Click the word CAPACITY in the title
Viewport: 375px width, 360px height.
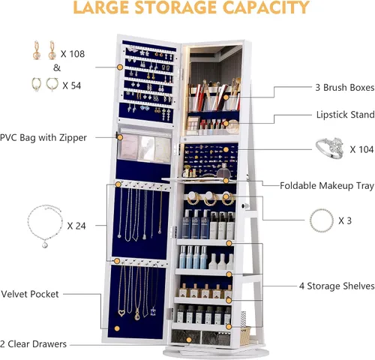pyautogui.click(x=265, y=7)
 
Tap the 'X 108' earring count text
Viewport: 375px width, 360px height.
pyautogui.click(x=73, y=54)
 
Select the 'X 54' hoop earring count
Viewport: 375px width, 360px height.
pyautogui.click(x=72, y=85)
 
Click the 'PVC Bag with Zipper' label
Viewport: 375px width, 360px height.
pyautogui.click(x=43, y=138)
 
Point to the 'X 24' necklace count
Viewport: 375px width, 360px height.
pyautogui.click(x=76, y=226)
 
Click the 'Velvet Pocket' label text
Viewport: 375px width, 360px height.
pyautogui.click(x=30, y=294)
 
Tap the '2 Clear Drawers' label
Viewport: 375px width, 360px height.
pyautogui.click(x=33, y=344)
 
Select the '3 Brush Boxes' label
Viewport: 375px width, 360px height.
pyautogui.click(x=345, y=88)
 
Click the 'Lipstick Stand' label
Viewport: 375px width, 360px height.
pyautogui.click(x=345, y=115)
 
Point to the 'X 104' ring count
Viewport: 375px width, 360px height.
pyautogui.click(x=361, y=149)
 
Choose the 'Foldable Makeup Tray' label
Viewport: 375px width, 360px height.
pyautogui.click(x=327, y=186)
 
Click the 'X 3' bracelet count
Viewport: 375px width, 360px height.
pyautogui.click(x=345, y=220)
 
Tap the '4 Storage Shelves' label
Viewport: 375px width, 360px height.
pyautogui.click(x=337, y=286)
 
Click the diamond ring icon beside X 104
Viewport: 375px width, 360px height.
pyautogui.click(x=330, y=148)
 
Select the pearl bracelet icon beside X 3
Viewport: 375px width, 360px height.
pyautogui.click(x=322, y=221)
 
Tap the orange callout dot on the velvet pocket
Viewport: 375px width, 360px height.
pyautogui.click(x=117, y=328)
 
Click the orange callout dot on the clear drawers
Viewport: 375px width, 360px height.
pyautogui.click(x=189, y=340)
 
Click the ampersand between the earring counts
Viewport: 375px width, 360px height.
pyautogui.click(x=57, y=67)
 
